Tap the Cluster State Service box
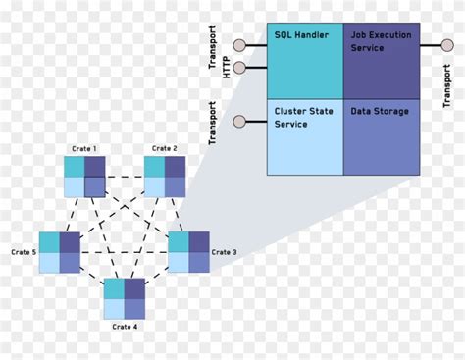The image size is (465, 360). (305, 135)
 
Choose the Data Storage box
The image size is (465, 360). (382, 135)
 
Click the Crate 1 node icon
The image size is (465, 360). (84, 176)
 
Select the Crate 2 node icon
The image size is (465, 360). (164, 176)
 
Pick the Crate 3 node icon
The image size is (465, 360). (188, 252)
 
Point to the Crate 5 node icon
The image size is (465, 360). (60, 252)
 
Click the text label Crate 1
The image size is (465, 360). (84, 149)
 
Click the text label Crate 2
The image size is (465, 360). (164, 149)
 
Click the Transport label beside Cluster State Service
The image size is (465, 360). (213, 124)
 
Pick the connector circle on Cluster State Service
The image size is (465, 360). (238, 123)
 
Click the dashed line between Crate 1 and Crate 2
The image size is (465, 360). (125, 177)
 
